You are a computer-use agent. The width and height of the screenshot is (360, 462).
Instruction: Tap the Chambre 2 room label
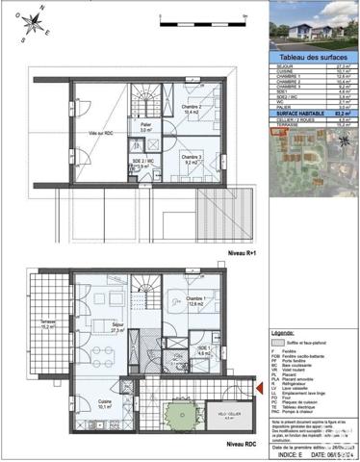click(191, 110)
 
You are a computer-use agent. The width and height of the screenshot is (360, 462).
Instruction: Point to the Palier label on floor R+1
click(144, 125)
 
